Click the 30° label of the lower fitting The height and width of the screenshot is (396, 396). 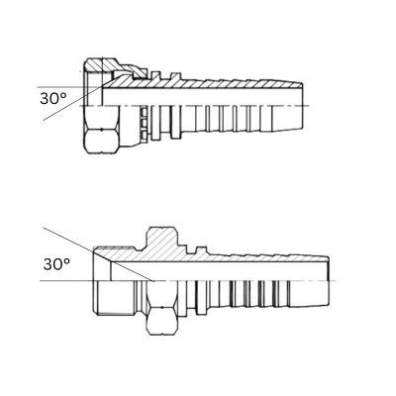pos(58,264)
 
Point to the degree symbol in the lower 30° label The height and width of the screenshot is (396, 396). pos(69,260)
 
